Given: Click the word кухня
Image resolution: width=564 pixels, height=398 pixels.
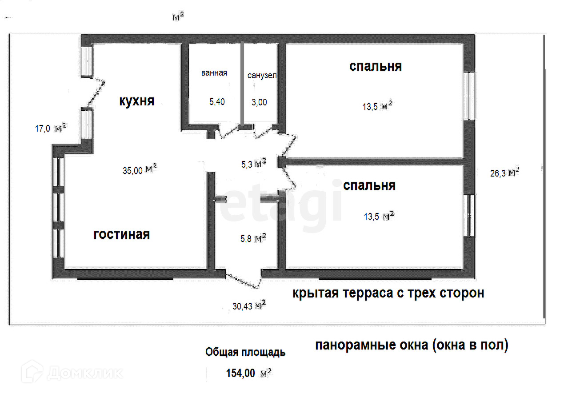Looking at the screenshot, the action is (136, 101).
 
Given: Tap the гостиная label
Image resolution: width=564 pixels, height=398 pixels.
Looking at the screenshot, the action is (121, 234).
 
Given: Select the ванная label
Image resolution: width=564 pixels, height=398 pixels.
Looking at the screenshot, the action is (214, 73).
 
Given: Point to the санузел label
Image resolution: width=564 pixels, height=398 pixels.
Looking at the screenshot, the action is (262, 76).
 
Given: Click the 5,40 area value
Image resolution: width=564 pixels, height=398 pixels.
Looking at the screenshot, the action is (217, 102).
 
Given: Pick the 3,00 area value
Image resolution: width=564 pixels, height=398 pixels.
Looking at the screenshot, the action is (259, 102).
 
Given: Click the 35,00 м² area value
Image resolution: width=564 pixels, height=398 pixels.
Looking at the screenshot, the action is (139, 169).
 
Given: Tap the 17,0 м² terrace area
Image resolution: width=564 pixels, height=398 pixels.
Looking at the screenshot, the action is (50, 129).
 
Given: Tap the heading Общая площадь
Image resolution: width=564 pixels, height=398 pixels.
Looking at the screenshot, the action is (245, 353).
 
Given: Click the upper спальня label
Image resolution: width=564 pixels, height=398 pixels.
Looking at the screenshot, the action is (376, 66).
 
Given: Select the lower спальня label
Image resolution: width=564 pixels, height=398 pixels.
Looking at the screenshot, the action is (369, 185).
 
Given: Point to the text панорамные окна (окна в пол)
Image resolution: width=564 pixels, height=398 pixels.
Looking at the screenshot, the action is (412, 345).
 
